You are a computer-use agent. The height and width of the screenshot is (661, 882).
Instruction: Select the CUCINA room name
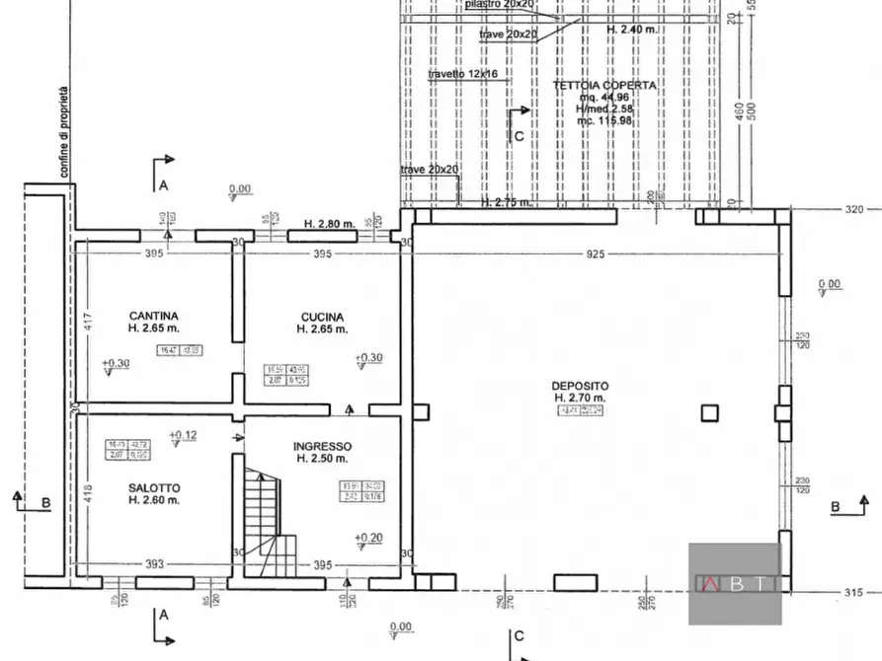pos(322,317)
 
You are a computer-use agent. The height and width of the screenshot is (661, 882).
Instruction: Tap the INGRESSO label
pos(323,446)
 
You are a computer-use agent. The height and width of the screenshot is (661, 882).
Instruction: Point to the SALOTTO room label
pos(153,487)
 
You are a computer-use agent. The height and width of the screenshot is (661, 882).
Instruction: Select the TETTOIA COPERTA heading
pos(604,86)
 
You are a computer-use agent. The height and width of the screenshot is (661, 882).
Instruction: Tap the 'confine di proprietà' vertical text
pos(64,133)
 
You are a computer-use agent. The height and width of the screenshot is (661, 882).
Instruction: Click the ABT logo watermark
pos(735,583)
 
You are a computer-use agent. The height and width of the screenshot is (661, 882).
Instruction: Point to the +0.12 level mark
pos(183,435)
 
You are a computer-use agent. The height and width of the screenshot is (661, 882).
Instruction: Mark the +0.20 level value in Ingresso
pos(370,538)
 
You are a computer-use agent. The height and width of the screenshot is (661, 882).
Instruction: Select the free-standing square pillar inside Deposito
pos(708,413)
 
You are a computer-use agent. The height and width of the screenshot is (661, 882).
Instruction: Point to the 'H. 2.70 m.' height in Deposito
pos(581,398)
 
